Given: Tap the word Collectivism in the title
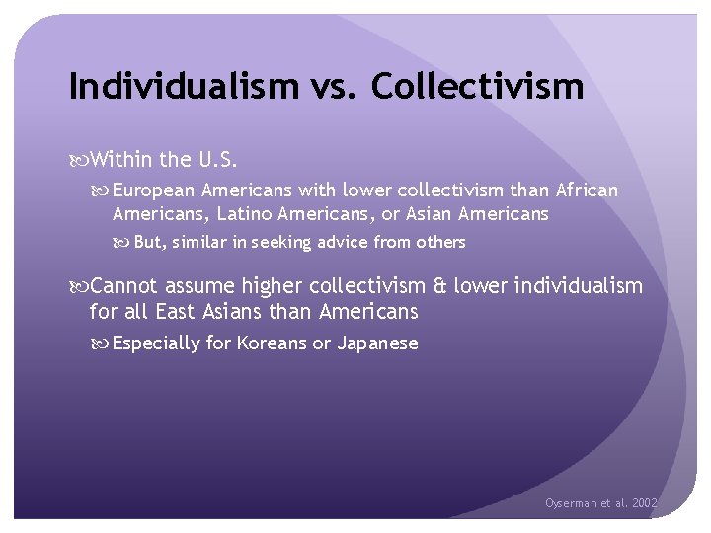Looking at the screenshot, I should coord(477,87).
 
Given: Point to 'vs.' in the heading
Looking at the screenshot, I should coord(333,87).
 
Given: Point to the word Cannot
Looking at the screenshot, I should coord(123,287).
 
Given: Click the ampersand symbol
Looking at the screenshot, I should coord(441,287).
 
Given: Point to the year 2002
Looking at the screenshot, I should coord(644,503).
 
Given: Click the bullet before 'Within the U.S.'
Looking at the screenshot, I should coord(79,158).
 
